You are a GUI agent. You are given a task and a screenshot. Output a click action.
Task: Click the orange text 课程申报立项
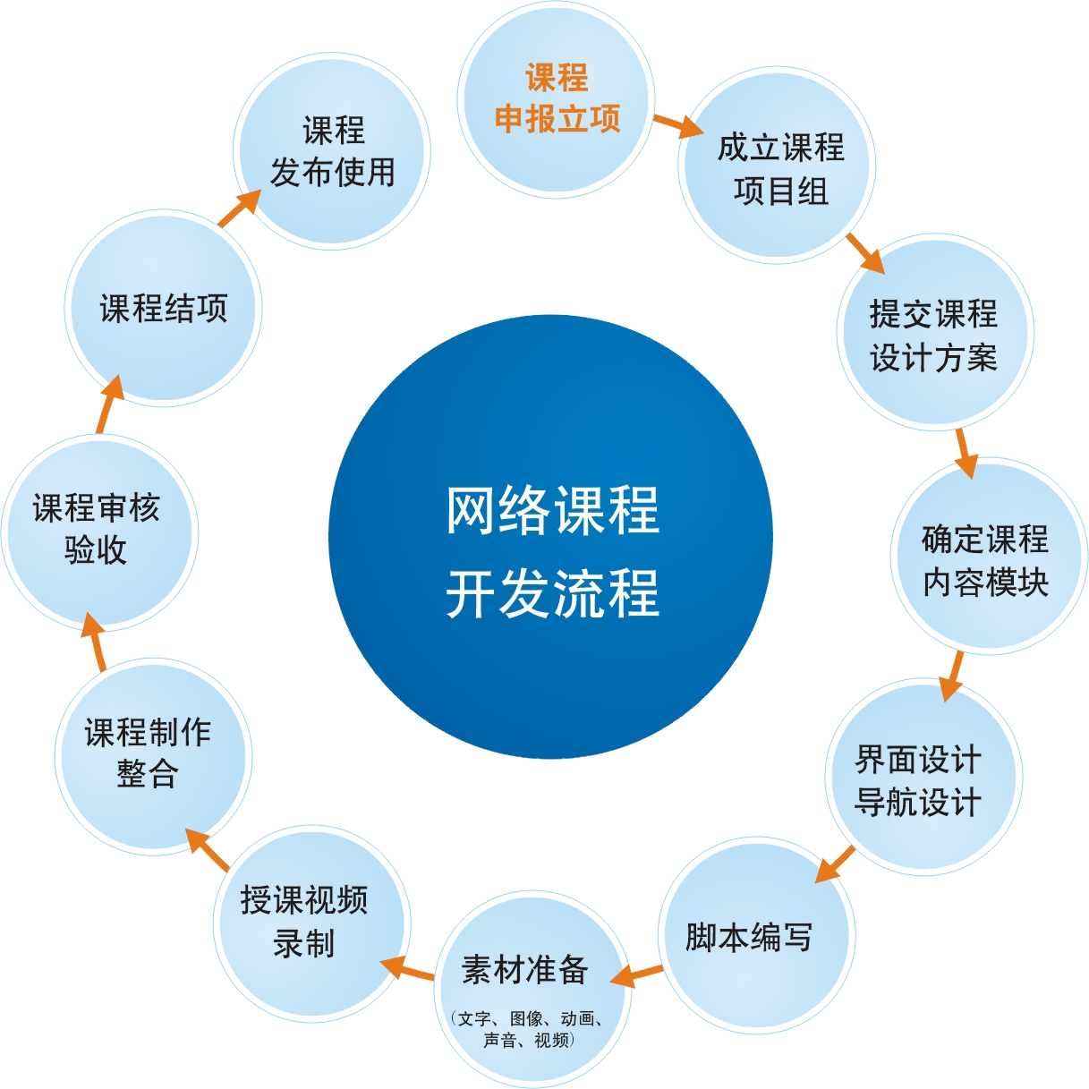557,98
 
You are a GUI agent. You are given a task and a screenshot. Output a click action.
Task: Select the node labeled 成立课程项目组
779,168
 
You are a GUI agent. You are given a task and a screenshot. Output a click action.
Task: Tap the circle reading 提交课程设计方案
933,335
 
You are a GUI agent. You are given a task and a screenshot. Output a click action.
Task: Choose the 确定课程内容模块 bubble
985,560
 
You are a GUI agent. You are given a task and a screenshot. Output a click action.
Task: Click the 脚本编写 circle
750,937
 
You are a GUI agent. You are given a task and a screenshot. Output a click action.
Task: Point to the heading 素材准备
525,969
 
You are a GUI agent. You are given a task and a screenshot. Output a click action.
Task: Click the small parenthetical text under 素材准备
526,1029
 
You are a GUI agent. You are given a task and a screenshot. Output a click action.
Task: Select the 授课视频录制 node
304,922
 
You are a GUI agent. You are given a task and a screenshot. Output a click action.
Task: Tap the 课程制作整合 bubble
149,753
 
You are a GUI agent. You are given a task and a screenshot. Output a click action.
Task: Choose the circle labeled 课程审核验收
97,529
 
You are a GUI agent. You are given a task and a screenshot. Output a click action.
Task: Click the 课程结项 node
164,309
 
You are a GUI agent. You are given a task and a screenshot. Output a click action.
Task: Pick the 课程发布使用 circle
333,151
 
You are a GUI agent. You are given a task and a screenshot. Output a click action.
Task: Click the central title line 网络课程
552,511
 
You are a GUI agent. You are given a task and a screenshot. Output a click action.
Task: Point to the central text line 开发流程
552,593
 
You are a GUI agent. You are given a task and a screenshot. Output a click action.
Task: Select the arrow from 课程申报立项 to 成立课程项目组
678,126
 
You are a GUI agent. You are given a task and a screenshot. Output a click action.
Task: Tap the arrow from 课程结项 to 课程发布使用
238,208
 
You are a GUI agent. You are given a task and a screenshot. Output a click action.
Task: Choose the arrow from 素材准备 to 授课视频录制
407,969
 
